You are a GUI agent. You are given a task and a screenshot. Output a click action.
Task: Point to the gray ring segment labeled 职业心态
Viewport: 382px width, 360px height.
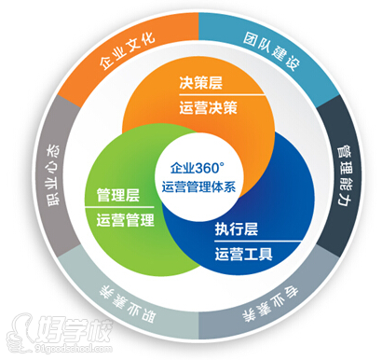[48, 172]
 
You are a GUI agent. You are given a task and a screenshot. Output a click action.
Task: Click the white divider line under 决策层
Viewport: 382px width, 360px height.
[209, 95]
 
